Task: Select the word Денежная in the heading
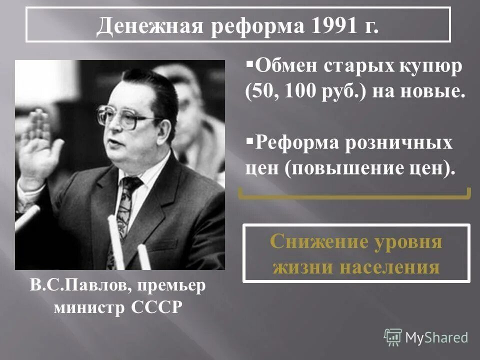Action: tap(149, 25)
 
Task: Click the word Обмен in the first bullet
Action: tap(286, 65)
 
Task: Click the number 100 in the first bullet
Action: tap(300, 91)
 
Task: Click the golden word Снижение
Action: tap(319, 241)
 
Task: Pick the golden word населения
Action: tap(390, 267)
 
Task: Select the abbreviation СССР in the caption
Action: tap(156, 307)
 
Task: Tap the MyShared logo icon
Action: tap(393, 337)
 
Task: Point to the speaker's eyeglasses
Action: tap(125, 116)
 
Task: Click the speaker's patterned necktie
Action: tap(124, 211)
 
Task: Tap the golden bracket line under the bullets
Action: tap(354, 197)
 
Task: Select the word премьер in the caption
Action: tap(171, 286)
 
